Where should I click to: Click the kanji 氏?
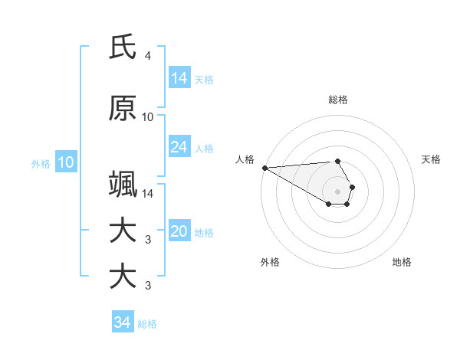[123, 47]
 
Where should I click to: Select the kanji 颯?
[123, 185]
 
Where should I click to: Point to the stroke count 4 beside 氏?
[147, 56]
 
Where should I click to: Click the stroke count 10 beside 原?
[148, 117]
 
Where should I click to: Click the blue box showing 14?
[179, 78]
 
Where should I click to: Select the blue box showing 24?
[179, 147]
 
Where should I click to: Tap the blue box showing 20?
[179, 232]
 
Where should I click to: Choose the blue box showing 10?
[66, 162]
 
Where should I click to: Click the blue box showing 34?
[123, 322]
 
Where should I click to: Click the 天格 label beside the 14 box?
[204, 79]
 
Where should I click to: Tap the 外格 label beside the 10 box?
[41, 163]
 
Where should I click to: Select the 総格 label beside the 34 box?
[147, 323]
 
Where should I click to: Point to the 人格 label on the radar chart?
[245, 159]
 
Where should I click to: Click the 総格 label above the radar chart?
[338, 100]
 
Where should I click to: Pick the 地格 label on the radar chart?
[402, 262]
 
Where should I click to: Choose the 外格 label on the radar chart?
[270, 262]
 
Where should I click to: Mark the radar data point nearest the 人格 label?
[264, 168]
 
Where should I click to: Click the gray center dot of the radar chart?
[338, 191]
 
